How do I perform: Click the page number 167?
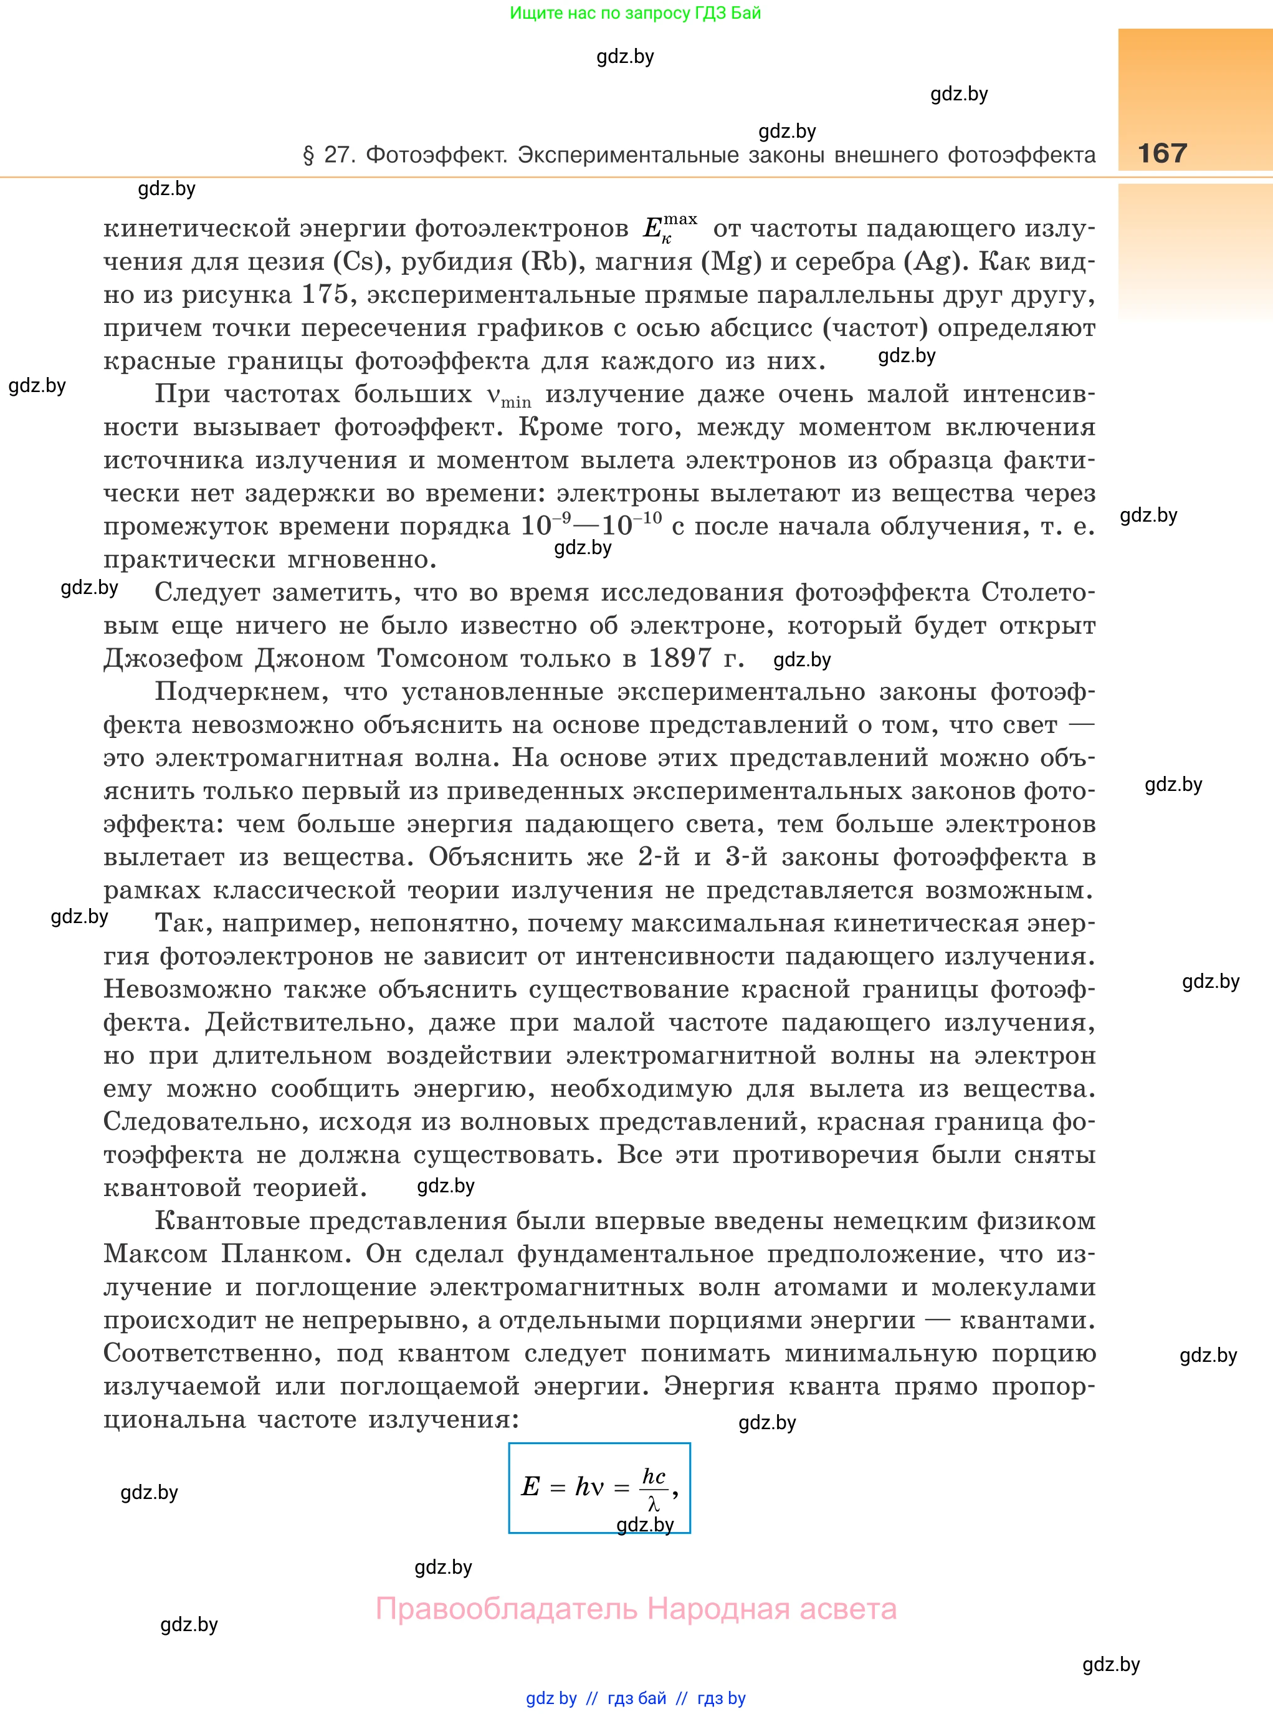click(1162, 153)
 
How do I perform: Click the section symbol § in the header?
click(309, 156)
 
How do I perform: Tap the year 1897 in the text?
click(680, 658)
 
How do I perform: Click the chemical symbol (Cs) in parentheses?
click(358, 261)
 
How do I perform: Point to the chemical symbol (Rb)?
click(550, 261)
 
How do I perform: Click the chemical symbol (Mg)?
click(730, 261)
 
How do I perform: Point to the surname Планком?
click(286, 1253)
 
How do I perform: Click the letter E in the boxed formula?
click(530, 1486)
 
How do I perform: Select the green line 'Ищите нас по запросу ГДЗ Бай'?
click(635, 13)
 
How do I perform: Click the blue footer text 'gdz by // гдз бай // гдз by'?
click(636, 1698)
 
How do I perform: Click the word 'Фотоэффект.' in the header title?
click(436, 155)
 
